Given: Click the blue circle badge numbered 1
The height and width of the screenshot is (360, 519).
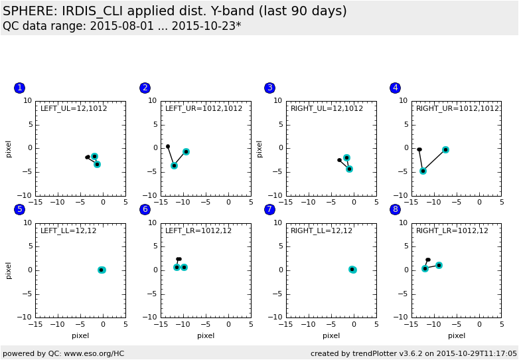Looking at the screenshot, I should pyautogui.click(x=19, y=88).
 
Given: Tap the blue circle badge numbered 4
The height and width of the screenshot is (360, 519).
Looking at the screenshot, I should pyautogui.click(x=396, y=88).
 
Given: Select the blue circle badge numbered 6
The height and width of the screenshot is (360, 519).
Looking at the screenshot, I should pyautogui.click(x=145, y=210).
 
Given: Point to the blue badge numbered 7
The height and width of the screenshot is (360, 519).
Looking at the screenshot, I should pyautogui.click(x=269, y=210).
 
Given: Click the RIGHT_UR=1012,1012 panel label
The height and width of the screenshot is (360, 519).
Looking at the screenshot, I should pyautogui.click(x=457, y=108).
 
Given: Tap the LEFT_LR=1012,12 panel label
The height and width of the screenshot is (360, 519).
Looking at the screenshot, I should pyautogui.click(x=198, y=230).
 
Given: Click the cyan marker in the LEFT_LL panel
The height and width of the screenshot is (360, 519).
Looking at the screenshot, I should pyautogui.click(x=102, y=270).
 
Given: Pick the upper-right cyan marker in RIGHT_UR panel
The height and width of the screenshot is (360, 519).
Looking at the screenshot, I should pyautogui.click(x=445, y=149).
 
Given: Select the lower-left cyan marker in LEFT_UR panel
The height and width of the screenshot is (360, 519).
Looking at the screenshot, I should pyautogui.click(x=174, y=165).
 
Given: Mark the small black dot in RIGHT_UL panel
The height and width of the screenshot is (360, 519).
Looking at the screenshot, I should pyautogui.click(x=339, y=160).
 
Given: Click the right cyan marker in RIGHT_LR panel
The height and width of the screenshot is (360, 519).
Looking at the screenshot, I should pyautogui.click(x=439, y=265).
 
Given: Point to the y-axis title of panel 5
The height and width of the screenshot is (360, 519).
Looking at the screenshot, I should pyautogui.click(x=9, y=270).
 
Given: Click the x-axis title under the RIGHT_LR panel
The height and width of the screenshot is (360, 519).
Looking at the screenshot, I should pyautogui.click(x=457, y=335).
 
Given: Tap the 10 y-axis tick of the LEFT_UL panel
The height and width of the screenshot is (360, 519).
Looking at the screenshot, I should pyautogui.click(x=28, y=101).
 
